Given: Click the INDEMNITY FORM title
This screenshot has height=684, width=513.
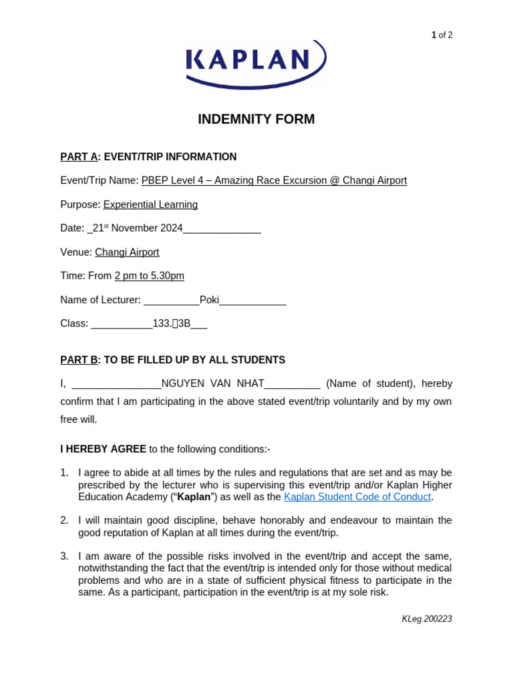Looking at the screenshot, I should point(256,120).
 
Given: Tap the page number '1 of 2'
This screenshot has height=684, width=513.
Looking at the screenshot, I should point(442,35).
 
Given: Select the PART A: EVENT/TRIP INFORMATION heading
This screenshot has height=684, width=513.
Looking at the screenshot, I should point(148,157).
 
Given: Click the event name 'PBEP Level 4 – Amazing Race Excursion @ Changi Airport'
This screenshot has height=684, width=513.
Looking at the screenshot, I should point(274,180).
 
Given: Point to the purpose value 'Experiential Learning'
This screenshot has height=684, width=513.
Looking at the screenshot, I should point(150,204).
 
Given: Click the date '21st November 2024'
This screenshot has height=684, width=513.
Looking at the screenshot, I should point(138,228).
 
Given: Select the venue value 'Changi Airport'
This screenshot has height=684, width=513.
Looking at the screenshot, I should point(127,252).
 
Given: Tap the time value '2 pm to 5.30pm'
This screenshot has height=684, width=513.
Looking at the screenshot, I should point(149,276).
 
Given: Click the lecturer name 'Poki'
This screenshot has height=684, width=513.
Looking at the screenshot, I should point(209,300).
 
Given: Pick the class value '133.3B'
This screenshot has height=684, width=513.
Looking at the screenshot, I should point(172,324).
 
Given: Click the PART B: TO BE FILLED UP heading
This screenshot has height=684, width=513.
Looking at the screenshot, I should point(172,360).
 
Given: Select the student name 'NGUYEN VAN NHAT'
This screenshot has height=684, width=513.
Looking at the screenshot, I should point(212,384).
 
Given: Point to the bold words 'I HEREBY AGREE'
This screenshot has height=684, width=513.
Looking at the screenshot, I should point(103,449).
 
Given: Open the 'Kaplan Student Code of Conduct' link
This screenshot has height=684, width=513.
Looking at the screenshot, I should point(357,497).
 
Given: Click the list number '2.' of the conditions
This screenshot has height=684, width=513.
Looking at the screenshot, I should point(64,520).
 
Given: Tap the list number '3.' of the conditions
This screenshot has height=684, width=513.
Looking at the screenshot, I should point(64,556).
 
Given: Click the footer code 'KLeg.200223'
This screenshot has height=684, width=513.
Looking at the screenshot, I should point(427,619).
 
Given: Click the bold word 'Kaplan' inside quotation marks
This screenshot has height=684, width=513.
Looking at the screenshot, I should point(194,497).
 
